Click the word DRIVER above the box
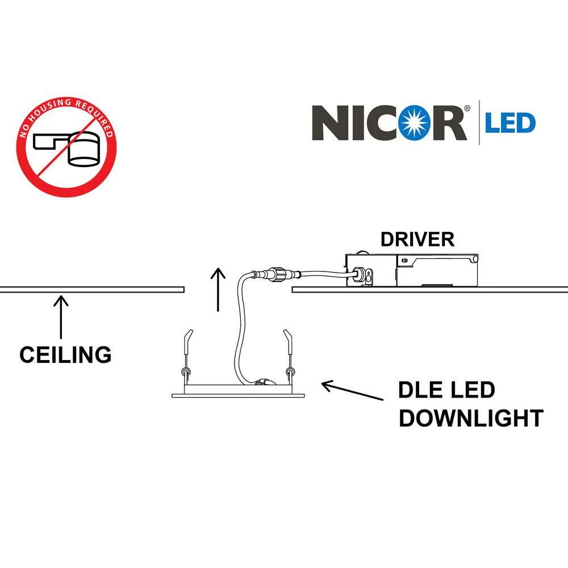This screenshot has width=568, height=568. coord(417,239)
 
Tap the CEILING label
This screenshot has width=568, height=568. coord(65,354)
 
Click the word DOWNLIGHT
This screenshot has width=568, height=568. coord(471,418)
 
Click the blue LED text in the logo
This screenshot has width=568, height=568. coord(509,123)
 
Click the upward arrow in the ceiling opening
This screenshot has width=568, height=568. coord(216,290)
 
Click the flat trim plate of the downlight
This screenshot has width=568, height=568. coord(238,395)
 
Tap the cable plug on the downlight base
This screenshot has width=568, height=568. coord(262,383)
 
